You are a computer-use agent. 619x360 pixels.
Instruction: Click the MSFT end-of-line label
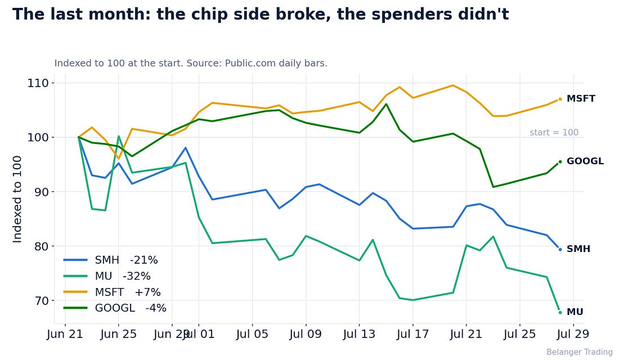581,98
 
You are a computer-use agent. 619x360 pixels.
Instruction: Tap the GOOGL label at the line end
585,161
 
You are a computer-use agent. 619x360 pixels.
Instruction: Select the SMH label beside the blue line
578,249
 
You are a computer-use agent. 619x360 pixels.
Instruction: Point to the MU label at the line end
575,312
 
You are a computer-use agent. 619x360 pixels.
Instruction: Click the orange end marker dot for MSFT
560,99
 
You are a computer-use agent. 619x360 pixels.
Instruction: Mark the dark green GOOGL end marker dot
560,162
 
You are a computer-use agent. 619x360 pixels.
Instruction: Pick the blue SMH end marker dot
560,250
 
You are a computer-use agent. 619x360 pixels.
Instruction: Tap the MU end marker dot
560,312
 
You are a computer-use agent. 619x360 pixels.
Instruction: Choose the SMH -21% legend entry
110,260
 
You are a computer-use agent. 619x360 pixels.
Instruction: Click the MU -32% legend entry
107,276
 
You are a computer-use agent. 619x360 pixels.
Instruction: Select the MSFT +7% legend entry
112,292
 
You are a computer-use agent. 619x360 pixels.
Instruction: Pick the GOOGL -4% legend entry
115,308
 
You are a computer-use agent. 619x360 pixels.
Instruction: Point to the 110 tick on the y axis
38,83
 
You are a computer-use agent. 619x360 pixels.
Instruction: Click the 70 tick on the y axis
41,301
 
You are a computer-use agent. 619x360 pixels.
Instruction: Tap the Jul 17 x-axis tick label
412,334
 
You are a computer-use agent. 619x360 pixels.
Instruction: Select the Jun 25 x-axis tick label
118,334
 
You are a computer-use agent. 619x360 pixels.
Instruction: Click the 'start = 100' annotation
554,132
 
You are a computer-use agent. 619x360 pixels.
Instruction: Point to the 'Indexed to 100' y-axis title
17,199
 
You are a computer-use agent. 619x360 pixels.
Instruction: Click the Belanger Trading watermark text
580,352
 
